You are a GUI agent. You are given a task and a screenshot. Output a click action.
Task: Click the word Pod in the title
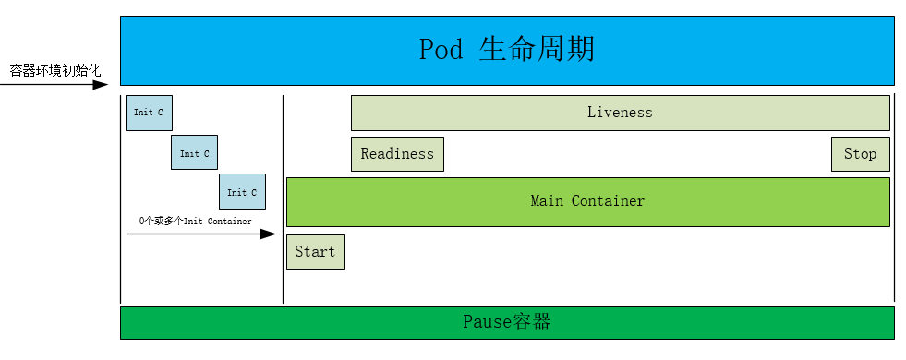441,49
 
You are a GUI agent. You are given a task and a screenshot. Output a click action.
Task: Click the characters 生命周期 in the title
537,49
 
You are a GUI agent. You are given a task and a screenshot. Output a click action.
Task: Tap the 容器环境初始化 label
55,70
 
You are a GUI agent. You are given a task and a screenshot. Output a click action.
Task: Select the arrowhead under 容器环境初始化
102,85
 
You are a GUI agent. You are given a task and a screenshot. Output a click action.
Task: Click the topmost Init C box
149,113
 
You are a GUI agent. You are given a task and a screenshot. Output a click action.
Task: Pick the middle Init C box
194,153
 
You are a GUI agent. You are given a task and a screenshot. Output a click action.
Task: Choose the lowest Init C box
242,192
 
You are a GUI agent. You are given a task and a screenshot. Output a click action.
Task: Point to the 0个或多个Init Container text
195,222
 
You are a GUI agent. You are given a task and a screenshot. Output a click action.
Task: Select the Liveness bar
620,113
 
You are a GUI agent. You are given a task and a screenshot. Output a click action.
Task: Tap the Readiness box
397,154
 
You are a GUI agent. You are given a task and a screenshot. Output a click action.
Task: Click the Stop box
860,154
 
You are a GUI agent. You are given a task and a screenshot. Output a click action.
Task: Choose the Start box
315,252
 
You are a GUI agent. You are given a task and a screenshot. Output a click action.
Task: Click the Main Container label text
587,201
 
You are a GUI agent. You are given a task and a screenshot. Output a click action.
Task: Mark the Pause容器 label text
506,322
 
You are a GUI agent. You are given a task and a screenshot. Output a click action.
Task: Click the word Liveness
620,113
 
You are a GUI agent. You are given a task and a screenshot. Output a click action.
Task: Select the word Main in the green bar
547,201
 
